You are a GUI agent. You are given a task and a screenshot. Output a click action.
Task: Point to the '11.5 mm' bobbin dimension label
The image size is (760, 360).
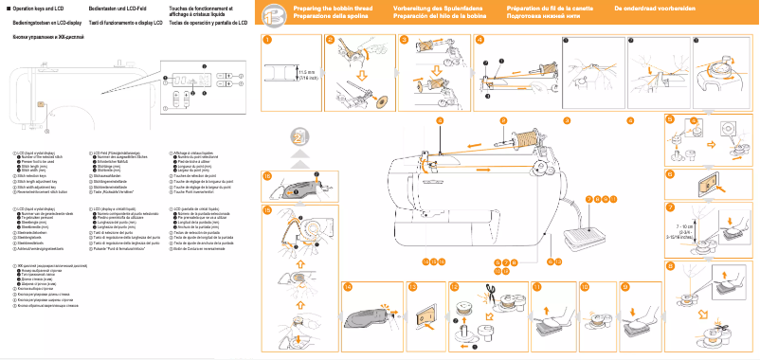pyautogui.click(x=306, y=73)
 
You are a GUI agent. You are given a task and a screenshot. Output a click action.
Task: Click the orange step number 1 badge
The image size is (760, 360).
pyautogui.click(x=268, y=40)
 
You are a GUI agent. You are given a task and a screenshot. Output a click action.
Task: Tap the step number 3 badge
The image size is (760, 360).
pyautogui.click(x=404, y=40)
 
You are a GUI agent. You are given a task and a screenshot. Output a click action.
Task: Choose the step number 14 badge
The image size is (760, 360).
pyautogui.click(x=348, y=286)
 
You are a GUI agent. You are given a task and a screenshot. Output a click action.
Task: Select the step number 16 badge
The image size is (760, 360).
pyautogui.click(x=268, y=176)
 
